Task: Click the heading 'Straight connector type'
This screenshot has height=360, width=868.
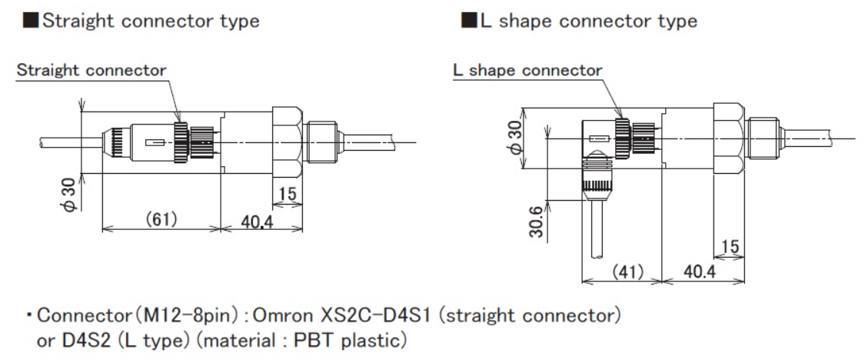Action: [x=150, y=22]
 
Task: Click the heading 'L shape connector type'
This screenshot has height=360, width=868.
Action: [x=588, y=22]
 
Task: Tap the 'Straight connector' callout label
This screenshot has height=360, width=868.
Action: [x=91, y=71]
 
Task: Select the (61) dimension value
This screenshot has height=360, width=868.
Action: [x=161, y=219]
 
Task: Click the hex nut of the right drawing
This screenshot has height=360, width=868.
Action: [x=727, y=138]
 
